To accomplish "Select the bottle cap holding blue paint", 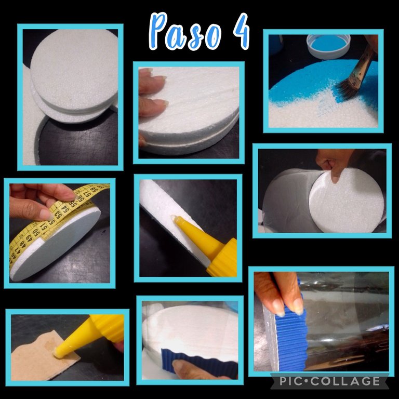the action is pos(328,46).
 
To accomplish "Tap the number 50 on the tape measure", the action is pos(35,232).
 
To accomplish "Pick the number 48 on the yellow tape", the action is pos(22,244).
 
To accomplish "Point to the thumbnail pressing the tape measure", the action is pos(46,215).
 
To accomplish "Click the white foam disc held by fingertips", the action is pos(347,201).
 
